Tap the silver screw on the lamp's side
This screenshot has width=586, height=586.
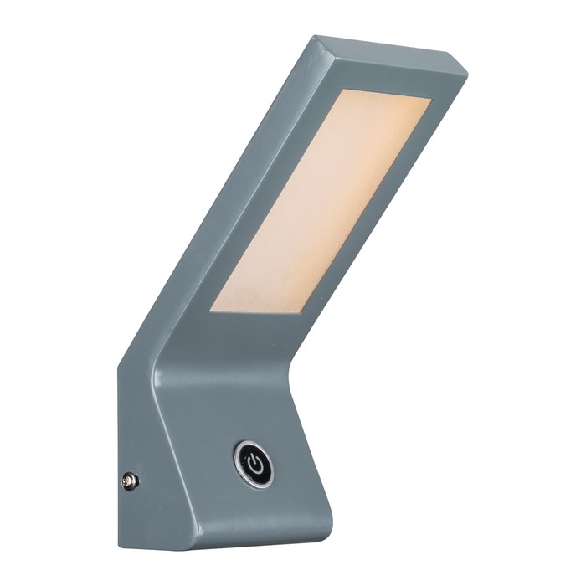[x=130, y=481]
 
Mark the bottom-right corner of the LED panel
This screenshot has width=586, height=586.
[x=301, y=315]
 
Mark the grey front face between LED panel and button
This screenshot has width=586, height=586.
[x=243, y=368]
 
